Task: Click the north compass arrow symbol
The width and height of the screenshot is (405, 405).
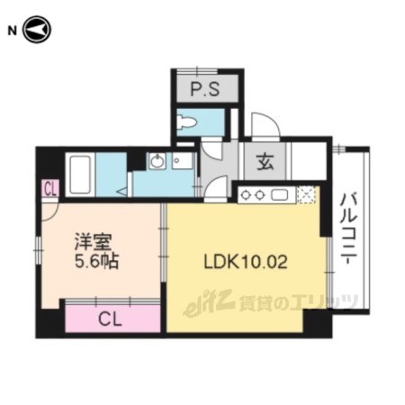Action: [37, 30]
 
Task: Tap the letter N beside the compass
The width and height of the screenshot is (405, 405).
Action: [12, 31]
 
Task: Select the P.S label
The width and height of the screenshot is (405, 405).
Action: [205, 89]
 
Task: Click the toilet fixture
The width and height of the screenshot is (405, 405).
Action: [186, 122]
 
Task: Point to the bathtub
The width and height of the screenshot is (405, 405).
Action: [80, 175]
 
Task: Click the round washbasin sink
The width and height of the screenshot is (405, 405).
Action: [157, 161]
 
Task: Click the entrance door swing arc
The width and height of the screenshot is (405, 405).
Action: [266, 124]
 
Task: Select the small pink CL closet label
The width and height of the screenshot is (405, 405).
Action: [50, 189]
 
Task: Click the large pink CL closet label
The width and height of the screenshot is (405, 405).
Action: [110, 319]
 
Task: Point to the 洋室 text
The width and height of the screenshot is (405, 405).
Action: [94, 241]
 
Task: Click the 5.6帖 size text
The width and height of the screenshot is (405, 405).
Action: [96, 261]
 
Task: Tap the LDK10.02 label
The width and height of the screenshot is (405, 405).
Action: [246, 262]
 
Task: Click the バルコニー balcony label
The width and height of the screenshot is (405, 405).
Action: [348, 229]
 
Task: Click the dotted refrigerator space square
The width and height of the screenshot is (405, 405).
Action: [306, 195]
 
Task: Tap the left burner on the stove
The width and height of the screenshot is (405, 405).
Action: [246, 195]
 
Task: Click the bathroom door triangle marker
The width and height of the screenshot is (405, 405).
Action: [122, 191]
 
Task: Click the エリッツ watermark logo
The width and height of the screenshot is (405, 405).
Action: [271, 301]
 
